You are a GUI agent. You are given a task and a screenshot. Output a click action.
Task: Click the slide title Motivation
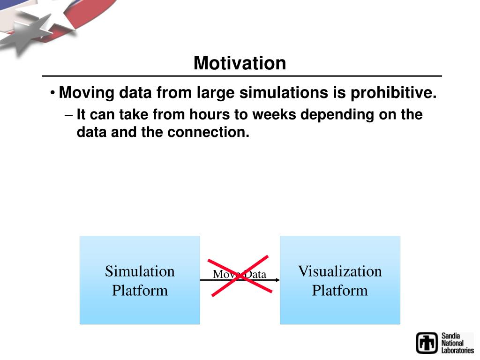[240, 63]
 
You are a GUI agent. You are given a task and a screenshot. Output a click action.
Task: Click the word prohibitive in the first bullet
[393, 92]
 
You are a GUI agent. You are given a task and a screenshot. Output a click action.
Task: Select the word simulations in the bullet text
[284, 92]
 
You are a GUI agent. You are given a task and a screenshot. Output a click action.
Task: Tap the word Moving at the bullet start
[87, 93]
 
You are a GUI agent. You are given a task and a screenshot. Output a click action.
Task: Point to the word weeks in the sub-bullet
[274, 114]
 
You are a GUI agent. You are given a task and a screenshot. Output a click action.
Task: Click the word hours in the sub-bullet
[210, 114]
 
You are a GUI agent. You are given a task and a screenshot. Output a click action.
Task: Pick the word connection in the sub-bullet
[208, 132]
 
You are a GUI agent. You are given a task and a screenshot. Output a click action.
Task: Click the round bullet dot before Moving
[52, 92]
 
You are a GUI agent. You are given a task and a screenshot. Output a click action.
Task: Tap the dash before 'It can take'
[68, 116]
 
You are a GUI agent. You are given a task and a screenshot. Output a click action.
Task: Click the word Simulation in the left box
[140, 271]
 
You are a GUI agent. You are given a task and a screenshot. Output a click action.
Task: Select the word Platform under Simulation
[140, 291]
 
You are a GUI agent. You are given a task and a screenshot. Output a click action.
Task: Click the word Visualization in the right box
[340, 271]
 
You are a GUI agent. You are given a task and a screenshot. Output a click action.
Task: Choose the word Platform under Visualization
[340, 291]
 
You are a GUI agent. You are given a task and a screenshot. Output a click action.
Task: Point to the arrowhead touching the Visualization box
[277, 280]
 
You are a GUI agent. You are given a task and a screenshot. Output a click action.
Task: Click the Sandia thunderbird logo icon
[427, 343]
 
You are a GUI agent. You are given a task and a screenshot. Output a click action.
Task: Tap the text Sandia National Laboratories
[457, 343]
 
